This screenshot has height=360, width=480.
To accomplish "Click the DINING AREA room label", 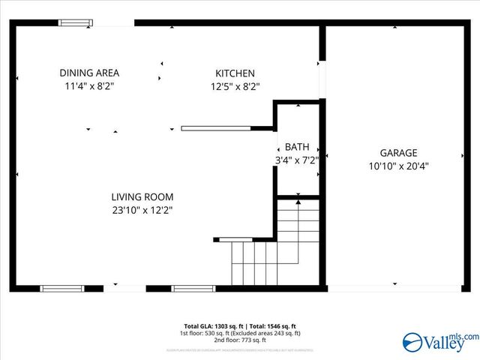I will pyautogui.click(x=89, y=73).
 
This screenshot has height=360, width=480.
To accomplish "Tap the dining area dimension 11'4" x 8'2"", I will pyautogui.click(x=89, y=86).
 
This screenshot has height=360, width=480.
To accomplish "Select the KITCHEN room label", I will pyautogui.click(x=235, y=73).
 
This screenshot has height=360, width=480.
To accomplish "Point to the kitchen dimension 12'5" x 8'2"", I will pyautogui.click(x=235, y=86).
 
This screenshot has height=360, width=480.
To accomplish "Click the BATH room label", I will pyautogui.click(x=296, y=148).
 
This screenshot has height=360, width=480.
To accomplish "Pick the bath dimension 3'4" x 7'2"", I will pyautogui.click(x=296, y=160).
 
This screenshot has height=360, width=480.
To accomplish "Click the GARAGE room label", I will pyautogui.click(x=398, y=152).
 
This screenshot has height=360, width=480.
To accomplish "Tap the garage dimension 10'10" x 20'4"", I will pyautogui.click(x=398, y=166).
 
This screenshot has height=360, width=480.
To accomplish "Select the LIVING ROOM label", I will pyautogui.click(x=142, y=197).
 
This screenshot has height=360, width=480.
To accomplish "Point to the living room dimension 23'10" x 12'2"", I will pyautogui.click(x=142, y=211).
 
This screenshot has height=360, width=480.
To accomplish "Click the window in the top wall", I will pyautogui.click(x=76, y=23).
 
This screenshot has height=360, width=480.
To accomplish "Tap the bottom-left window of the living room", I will pyautogui.click(x=61, y=288).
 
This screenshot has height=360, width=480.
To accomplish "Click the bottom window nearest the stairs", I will pyautogui.click(x=193, y=288).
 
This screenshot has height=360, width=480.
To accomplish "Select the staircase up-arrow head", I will pyautogui.click(x=298, y=200).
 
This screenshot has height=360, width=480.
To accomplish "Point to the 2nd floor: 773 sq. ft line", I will pyautogui.click(x=239, y=340).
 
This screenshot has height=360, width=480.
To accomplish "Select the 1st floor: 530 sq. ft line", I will pyautogui.click(x=239, y=333).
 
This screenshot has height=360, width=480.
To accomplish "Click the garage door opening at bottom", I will pyautogui.click(x=394, y=288).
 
